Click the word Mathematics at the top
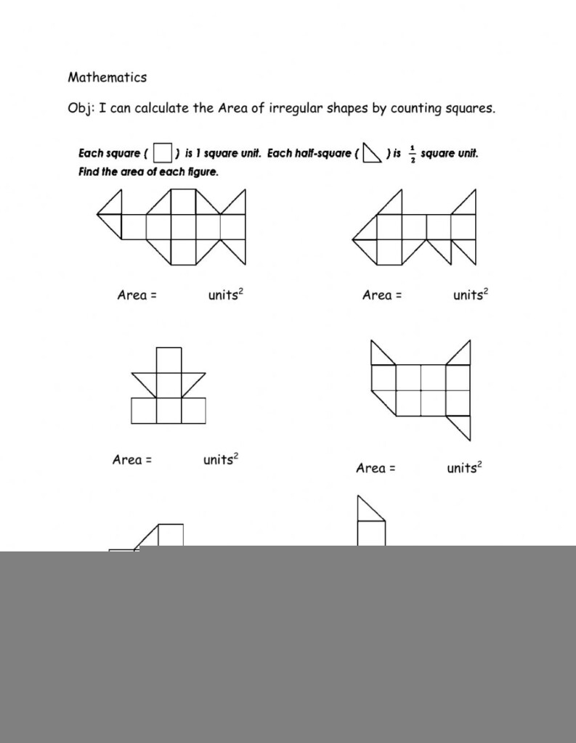[x=107, y=77]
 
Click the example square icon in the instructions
[x=163, y=153]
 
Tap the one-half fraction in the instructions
[x=412, y=154]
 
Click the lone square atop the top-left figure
[x=183, y=202]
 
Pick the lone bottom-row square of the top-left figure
[x=183, y=251]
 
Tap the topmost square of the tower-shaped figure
[x=169, y=360]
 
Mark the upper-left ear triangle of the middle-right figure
[x=379, y=356]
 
